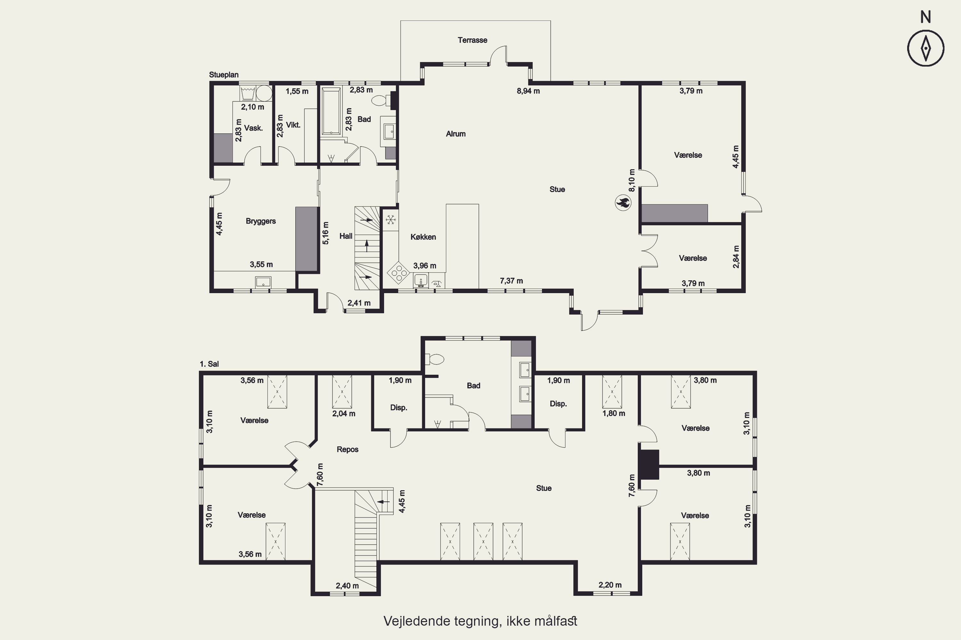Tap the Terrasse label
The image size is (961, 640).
[x=472, y=40]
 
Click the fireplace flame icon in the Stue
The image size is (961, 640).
[x=623, y=203]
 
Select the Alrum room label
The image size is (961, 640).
[x=456, y=133]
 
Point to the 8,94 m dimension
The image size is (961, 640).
[x=528, y=91]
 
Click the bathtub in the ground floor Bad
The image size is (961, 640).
[x=331, y=111]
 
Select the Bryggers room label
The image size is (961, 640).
[x=261, y=221]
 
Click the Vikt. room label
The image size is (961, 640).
[x=293, y=125]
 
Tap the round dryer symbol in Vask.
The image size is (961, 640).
[x=264, y=93]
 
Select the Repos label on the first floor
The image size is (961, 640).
[x=347, y=449]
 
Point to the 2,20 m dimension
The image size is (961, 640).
[x=610, y=585]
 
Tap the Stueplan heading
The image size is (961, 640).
[x=224, y=75]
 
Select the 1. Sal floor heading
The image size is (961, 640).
[x=209, y=364]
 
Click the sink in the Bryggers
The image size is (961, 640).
[x=263, y=282]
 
